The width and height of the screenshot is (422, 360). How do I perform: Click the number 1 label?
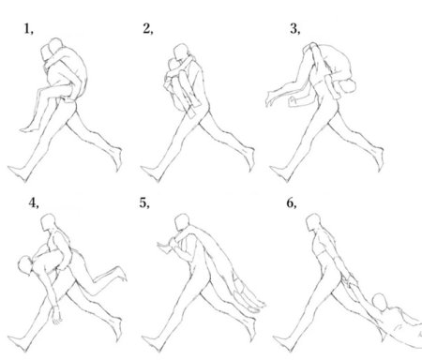click(x=28, y=29)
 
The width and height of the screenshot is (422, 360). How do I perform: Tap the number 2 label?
click(x=148, y=29)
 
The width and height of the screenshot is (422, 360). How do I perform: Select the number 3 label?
click(x=294, y=29)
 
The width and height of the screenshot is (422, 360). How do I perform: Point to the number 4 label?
click(x=34, y=203)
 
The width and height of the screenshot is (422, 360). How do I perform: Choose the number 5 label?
click(x=144, y=203)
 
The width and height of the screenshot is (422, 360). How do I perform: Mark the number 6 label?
click(x=292, y=203)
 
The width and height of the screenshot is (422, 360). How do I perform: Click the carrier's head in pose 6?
click(x=313, y=222)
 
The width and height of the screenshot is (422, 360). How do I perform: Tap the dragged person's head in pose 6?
click(x=380, y=302)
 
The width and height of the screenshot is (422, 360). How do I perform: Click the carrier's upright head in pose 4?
click(x=49, y=222)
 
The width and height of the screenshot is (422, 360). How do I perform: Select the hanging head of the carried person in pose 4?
click(x=25, y=265)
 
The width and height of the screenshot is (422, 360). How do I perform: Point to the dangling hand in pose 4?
click(x=56, y=316)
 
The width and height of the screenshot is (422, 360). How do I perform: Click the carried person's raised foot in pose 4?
click(x=120, y=273)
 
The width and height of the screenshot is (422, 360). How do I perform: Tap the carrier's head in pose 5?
click(x=182, y=222)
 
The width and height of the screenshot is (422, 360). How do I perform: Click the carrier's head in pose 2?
click(x=181, y=52)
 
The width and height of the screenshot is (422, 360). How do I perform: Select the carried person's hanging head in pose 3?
click(x=348, y=85)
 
